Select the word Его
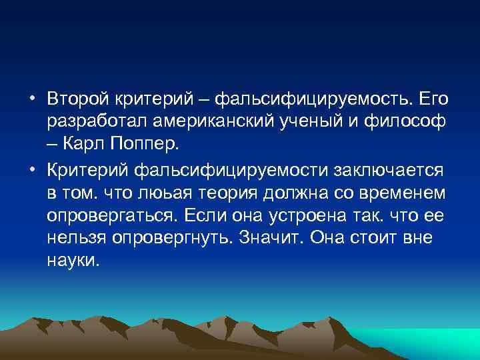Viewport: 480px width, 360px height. (x=433, y=99)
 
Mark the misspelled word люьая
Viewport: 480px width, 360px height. (x=161, y=192)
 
